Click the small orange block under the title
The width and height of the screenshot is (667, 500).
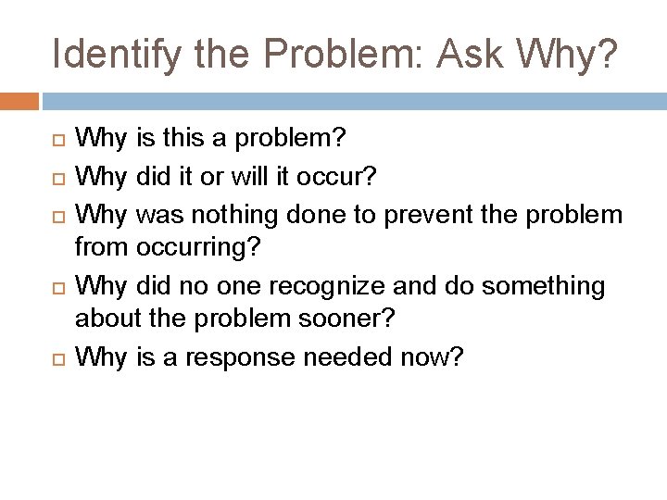click(19, 100)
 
